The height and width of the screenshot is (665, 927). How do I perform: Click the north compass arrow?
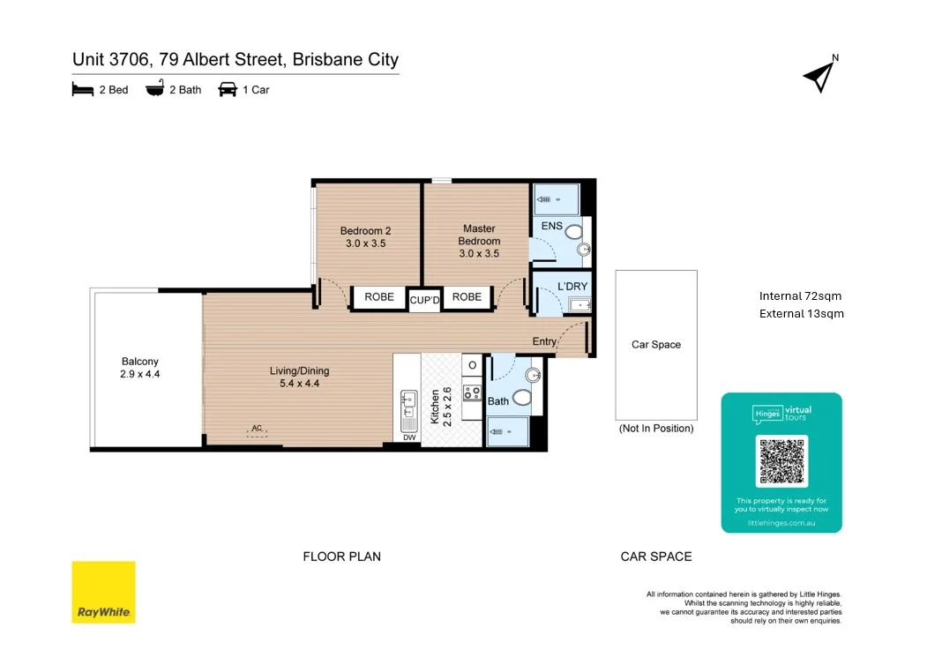click(x=819, y=77)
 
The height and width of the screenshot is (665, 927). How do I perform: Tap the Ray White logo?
click(x=103, y=592)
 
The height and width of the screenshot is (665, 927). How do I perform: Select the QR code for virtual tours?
click(x=781, y=460)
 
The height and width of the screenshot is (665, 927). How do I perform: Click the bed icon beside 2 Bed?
click(x=83, y=89)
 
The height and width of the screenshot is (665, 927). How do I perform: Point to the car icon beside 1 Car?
click(x=228, y=89)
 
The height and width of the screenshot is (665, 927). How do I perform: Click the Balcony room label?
click(x=140, y=368)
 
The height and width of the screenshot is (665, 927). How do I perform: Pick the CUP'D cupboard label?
click(x=424, y=301)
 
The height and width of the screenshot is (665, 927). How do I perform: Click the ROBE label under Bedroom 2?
click(x=379, y=297)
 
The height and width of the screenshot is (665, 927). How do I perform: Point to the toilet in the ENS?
click(x=574, y=232)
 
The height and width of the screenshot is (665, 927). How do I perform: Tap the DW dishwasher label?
click(x=409, y=437)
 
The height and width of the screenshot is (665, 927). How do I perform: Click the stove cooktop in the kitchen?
click(x=473, y=393)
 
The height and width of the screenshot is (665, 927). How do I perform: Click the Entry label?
click(x=544, y=341)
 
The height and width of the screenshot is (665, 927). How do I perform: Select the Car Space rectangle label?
click(x=656, y=345)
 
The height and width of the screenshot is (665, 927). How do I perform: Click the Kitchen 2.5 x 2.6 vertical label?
click(x=440, y=407)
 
